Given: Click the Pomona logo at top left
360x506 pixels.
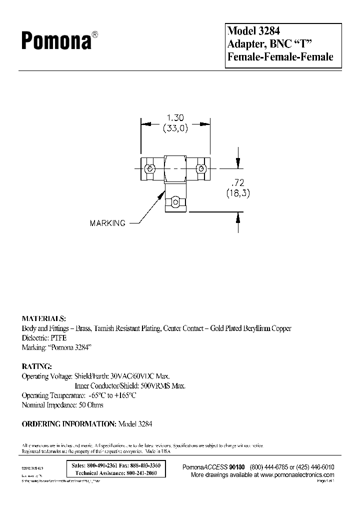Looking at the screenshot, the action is pyautogui.click(x=56, y=41).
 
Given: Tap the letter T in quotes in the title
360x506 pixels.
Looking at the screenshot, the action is pyautogui.click(x=306, y=43).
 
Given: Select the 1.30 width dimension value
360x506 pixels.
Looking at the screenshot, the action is pyautogui.click(x=174, y=118).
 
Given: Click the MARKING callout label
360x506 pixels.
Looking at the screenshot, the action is pyautogui.click(x=107, y=223).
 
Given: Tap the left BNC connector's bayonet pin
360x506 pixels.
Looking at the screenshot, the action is pyautogui.click(x=148, y=168).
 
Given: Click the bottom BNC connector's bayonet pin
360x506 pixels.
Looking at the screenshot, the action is pyautogui.click(x=174, y=202).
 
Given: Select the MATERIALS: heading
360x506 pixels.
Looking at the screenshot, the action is pyautogui.click(x=44, y=318).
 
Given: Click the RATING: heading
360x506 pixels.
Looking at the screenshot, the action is pyautogui.click(x=36, y=366).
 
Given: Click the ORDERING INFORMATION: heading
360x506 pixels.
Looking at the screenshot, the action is pyautogui.click(x=68, y=423).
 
